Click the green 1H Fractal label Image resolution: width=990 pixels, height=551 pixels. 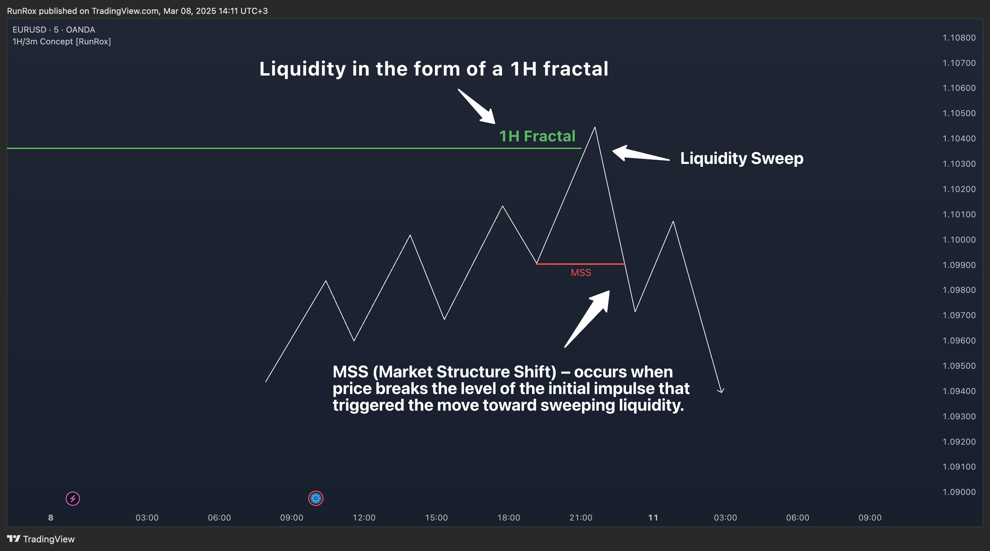[537, 136]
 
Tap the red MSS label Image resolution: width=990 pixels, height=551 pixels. [581, 273]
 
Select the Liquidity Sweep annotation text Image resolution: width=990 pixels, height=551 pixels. [742, 158]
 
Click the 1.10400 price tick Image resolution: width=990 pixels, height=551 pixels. [959, 139]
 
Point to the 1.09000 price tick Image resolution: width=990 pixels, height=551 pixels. [959, 492]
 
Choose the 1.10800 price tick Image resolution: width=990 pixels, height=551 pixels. [959, 38]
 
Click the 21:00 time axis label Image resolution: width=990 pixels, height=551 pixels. [581, 518]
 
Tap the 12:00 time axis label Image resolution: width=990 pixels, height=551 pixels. [364, 518]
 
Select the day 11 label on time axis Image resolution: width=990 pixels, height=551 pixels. [653, 518]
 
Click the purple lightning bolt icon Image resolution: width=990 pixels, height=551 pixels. [72, 498]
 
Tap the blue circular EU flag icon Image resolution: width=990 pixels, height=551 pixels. [316, 498]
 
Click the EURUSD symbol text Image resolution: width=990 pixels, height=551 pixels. [29, 29]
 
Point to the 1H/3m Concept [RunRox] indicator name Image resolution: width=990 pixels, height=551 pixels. [61, 42]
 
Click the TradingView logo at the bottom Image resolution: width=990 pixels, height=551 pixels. [41, 539]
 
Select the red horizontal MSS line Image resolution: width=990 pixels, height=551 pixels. [581, 264]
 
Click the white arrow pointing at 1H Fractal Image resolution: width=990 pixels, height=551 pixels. [477, 107]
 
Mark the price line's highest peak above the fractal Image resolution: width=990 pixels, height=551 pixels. [595, 127]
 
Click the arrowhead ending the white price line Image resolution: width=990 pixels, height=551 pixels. [721, 391]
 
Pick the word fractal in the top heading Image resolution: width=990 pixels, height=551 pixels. [576, 69]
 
